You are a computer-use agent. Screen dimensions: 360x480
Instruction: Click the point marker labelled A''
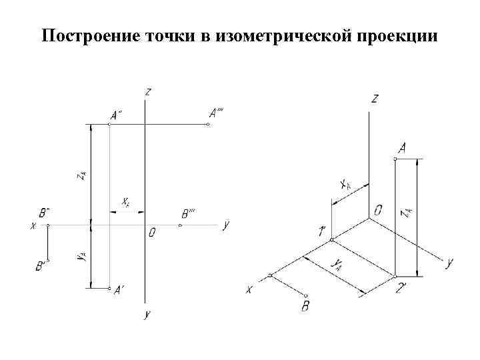110,124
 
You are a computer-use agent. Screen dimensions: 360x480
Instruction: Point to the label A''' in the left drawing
216,113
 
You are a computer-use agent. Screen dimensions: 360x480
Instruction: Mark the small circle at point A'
110,289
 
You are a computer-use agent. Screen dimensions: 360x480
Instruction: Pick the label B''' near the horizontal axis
188,214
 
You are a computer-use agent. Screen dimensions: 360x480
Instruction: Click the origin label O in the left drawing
153,233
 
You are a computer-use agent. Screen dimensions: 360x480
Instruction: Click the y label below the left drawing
147,314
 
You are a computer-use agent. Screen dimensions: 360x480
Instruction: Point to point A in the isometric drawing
396,159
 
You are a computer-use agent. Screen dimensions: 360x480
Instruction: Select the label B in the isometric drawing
305,307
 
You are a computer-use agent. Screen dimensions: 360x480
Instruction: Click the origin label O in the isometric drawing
378,211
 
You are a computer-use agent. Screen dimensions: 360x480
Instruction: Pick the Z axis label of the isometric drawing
375,99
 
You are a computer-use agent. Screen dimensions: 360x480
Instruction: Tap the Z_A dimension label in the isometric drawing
405,213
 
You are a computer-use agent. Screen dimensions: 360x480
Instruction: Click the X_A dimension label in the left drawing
125,201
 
